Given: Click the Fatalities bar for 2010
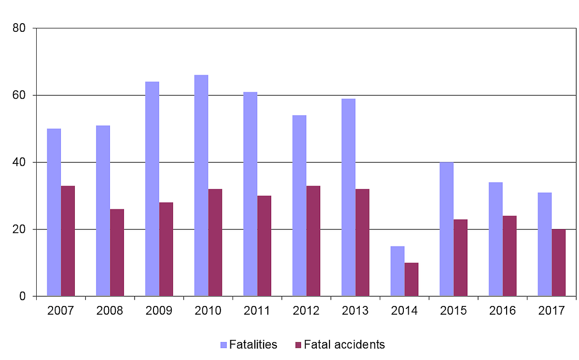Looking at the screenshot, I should click(x=201, y=186).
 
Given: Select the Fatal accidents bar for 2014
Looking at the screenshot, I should click(x=412, y=279).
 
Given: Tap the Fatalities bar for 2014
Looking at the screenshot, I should click(x=398, y=271).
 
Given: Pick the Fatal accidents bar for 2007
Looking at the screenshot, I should click(x=68, y=240).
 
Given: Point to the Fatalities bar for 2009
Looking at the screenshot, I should click(x=152, y=189).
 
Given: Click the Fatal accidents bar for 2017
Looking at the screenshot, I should click(x=559, y=263).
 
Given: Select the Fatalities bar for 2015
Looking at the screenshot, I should click(x=447, y=229).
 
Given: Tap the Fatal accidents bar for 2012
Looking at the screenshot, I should click(x=313, y=240).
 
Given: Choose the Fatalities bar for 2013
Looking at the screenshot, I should click(x=348, y=197).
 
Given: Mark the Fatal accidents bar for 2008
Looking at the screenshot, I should click(x=117, y=253).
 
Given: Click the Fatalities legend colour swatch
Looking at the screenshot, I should click(x=223, y=345).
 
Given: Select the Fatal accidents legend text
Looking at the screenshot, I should click(x=345, y=345).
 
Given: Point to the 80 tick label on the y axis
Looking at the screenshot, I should click(x=19, y=28).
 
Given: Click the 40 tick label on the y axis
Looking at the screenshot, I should click(x=19, y=162).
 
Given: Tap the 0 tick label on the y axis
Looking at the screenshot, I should click(x=22, y=296).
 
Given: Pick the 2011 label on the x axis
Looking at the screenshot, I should click(x=257, y=311).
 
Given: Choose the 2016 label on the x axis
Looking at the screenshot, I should click(x=502, y=311).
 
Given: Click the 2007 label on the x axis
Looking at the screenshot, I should click(x=61, y=311).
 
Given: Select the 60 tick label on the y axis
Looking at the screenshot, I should click(x=19, y=95).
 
